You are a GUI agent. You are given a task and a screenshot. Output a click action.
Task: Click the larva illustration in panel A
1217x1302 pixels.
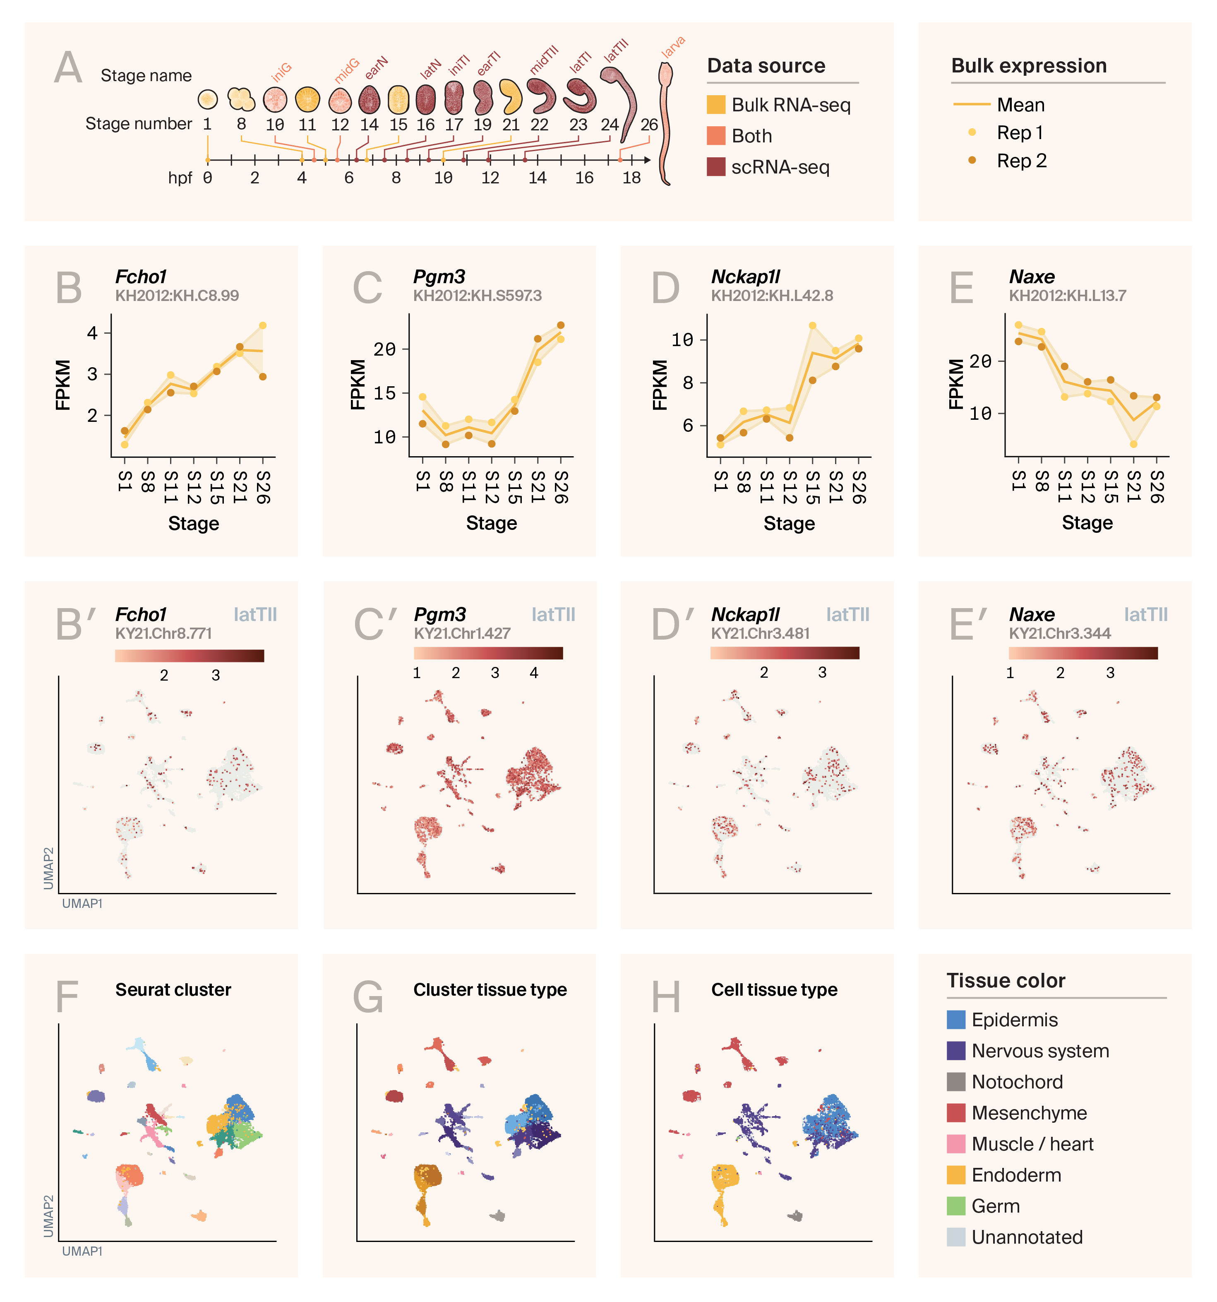click(x=665, y=125)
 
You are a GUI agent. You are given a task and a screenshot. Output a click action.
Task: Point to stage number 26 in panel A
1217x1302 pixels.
click(x=649, y=125)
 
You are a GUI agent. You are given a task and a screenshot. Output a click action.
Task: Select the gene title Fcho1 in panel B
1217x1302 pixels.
click(x=141, y=277)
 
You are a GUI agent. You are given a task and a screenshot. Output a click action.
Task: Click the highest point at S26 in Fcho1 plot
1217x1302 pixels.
click(x=262, y=325)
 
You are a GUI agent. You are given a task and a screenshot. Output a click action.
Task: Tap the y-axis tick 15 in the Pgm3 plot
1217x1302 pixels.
click(x=385, y=393)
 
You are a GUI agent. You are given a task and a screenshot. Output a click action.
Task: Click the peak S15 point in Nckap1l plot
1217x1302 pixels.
click(x=812, y=325)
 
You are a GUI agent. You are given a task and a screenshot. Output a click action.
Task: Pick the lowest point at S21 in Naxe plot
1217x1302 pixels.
click(x=1133, y=444)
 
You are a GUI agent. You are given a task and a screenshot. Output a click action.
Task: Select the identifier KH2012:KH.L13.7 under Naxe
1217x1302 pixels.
click(x=1067, y=295)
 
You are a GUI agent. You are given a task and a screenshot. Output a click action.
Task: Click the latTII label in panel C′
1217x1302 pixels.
click(x=553, y=614)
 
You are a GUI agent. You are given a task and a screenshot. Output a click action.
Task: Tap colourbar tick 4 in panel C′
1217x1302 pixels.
click(x=534, y=673)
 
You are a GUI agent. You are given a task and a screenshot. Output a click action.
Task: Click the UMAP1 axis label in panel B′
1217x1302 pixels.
click(x=82, y=903)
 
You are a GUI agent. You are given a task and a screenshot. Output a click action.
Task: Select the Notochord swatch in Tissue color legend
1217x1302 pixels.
click(x=956, y=1081)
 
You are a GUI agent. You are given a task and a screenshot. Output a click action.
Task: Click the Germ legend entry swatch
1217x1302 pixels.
click(x=956, y=1206)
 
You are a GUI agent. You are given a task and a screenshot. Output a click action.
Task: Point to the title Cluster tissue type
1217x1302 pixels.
click(x=490, y=989)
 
